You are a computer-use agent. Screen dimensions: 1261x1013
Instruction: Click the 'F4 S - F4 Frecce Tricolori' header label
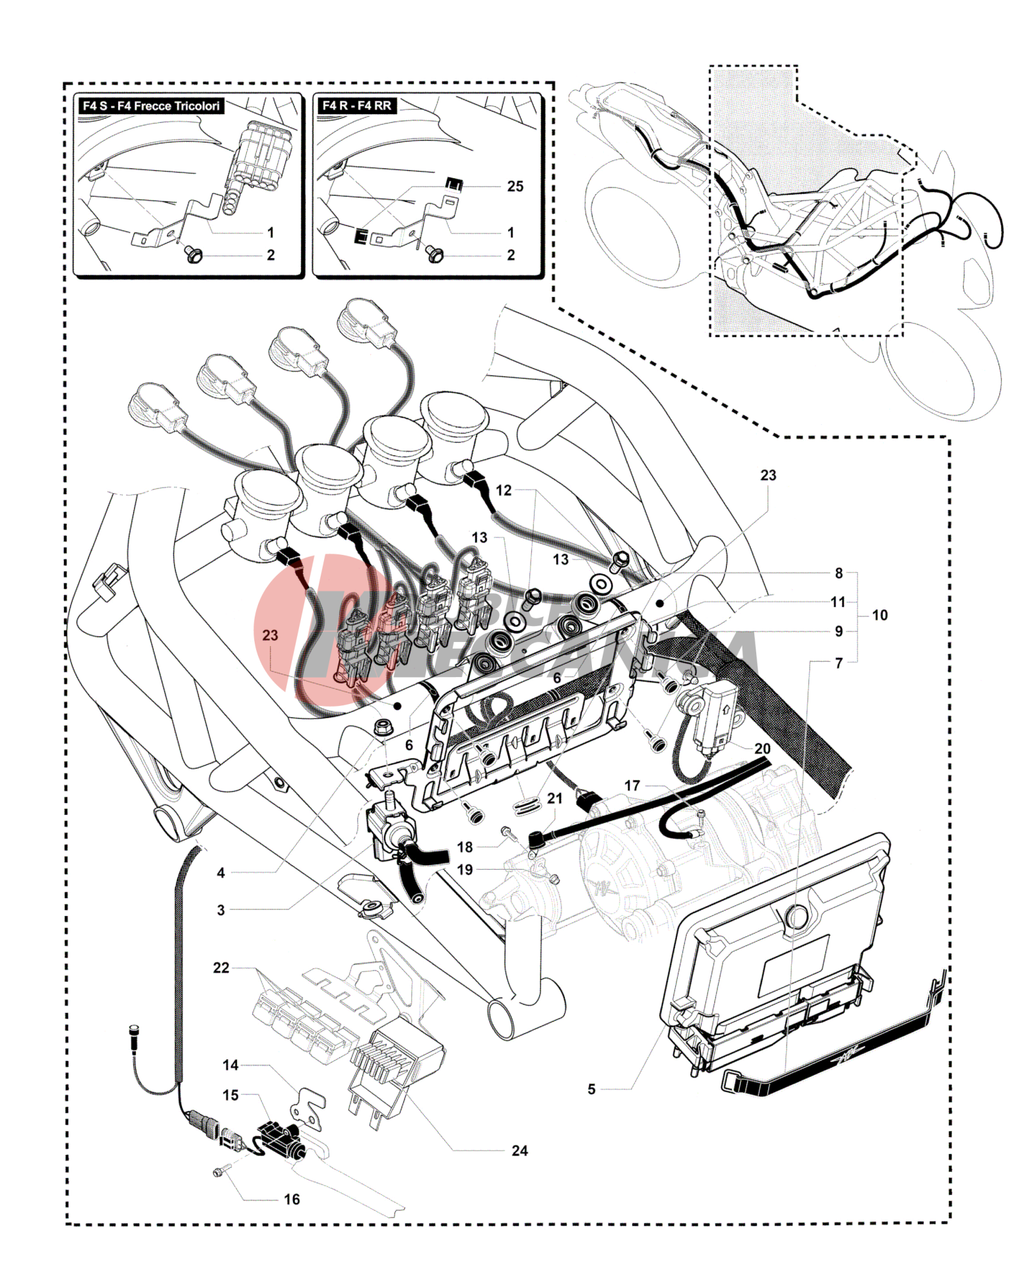(150, 106)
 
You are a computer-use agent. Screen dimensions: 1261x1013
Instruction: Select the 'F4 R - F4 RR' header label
(356, 106)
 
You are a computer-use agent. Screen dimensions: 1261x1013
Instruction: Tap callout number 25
(515, 187)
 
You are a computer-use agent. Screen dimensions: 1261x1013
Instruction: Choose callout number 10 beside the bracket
(880, 615)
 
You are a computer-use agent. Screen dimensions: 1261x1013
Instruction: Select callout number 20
(762, 748)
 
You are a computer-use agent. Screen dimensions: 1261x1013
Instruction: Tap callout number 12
(504, 490)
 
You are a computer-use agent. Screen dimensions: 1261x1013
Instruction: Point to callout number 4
(221, 872)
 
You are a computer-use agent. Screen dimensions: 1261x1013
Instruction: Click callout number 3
(221, 910)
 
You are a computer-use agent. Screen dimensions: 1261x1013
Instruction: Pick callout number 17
(632, 785)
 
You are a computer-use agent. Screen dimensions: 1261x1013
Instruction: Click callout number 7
(839, 663)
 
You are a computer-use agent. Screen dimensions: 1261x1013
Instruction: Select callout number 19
(465, 870)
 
